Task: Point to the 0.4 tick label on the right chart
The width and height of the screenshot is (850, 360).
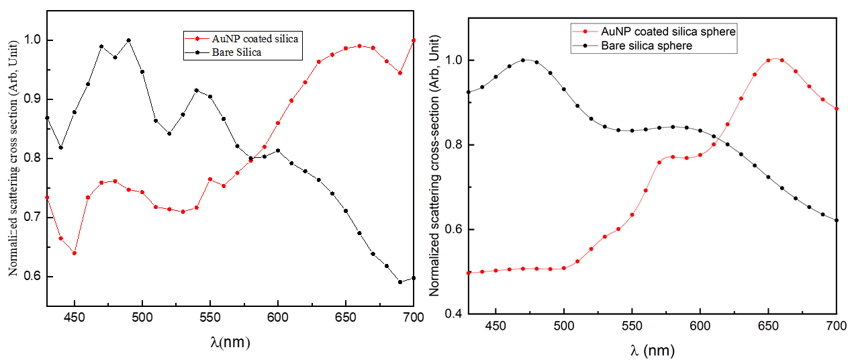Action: (452, 314)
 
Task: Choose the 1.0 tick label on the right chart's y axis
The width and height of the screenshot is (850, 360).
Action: (452, 60)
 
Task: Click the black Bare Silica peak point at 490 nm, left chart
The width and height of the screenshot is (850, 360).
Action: (129, 40)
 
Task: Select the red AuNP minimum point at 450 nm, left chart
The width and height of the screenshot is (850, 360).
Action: (75, 253)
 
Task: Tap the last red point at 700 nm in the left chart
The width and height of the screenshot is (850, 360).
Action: (414, 40)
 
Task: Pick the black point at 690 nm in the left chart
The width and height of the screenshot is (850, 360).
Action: (400, 282)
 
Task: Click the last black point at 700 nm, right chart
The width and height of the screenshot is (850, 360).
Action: (837, 220)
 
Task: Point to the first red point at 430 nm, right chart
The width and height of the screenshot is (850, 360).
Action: (469, 273)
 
